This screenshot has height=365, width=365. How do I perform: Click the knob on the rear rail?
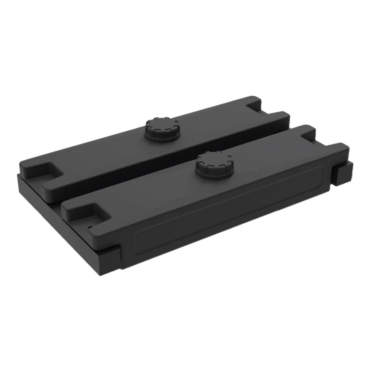pos(162,128)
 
